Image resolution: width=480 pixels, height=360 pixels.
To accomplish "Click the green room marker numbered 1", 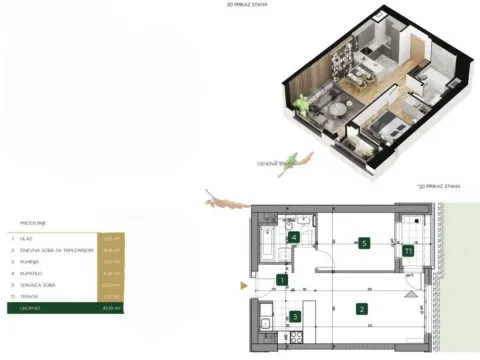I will [283, 281].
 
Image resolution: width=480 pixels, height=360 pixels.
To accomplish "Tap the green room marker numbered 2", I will [362, 308].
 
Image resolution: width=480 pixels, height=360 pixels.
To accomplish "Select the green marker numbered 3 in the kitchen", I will [294, 318].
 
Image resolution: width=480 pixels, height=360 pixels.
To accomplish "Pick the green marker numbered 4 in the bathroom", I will [293, 237].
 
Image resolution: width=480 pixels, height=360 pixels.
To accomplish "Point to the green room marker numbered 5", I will [366, 242].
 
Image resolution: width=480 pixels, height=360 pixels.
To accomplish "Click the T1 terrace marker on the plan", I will [410, 251].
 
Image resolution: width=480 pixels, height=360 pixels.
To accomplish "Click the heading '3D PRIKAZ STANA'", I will [253, 5].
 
